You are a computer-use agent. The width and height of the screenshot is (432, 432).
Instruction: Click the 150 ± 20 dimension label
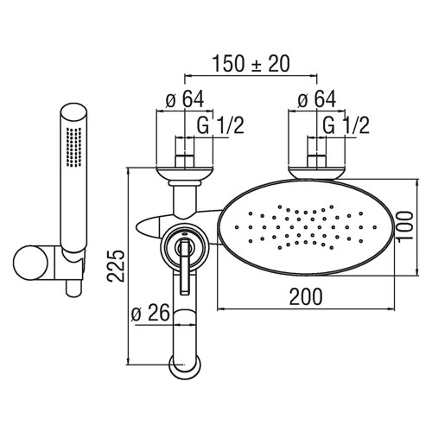pyautogui.click(x=251, y=64)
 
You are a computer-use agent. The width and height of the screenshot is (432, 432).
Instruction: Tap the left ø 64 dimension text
pyautogui.click(x=185, y=99)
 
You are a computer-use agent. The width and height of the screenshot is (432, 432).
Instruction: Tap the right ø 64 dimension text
pyautogui.click(x=317, y=99)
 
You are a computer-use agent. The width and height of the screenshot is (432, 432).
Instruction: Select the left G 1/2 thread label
pyautogui.click(x=220, y=125)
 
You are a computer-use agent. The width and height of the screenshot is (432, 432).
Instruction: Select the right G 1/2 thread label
pyautogui.click(x=346, y=125)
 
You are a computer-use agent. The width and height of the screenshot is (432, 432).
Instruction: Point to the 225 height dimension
pyautogui.click(x=116, y=266)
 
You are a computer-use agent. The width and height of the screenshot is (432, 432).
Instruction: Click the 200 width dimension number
pyautogui.click(x=306, y=296)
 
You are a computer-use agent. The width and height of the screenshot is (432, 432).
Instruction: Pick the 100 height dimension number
pyautogui.click(x=404, y=227)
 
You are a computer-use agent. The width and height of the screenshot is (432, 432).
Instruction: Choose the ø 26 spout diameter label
pyautogui.click(x=150, y=313)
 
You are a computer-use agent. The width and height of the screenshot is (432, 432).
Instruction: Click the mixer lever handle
pyautogui.click(x=184, y=266)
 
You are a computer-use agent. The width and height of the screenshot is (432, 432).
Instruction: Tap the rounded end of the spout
pyautogui.click(x=185, y=367)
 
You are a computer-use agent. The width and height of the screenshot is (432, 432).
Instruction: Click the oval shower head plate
pyautogui.click(x=308, y=227)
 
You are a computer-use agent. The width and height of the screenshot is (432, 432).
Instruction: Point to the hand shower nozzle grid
pyautogui.click(x=73, y=147)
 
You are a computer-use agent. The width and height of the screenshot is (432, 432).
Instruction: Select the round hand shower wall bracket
pyautogui.click(x=30, y=263)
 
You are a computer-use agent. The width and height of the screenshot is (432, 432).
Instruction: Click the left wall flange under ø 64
pyautogui.click(x=185, y=174)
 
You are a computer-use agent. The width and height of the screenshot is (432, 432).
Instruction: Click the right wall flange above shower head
pyautogui.click(x=317, y=173)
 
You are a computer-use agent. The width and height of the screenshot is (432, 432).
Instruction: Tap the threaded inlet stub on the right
pyautogui.click(x=317, y=162)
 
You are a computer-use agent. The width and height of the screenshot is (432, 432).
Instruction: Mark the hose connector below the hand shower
pyautogui.click(x=74, y=288)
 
